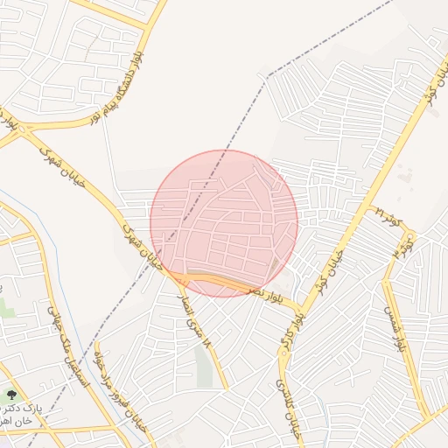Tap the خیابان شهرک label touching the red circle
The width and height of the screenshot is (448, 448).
click(x=141, y=245)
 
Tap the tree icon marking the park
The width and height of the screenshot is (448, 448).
click(x=11, y=396)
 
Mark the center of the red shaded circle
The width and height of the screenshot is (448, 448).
click(x=224, y=223)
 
